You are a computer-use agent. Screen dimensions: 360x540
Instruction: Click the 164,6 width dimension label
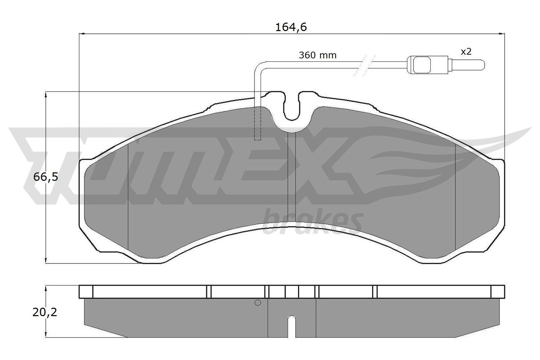(291, 27)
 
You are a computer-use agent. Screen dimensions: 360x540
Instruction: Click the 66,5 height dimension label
(46, 177)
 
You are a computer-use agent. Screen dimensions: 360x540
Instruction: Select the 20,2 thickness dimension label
(45, 312)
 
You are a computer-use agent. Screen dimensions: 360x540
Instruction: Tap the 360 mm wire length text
(318, 55)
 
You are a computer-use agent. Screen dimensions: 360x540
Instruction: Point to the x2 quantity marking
(466, 52)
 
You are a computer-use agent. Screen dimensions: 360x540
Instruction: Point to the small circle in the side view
(258, 303)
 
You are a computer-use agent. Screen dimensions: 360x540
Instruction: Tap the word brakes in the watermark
(312, 221)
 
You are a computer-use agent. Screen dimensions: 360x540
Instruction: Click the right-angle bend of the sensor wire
(259, 65)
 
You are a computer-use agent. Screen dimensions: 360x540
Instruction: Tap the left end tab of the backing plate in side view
(86, 292)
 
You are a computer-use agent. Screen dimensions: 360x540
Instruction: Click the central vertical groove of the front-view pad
(291, 175)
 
